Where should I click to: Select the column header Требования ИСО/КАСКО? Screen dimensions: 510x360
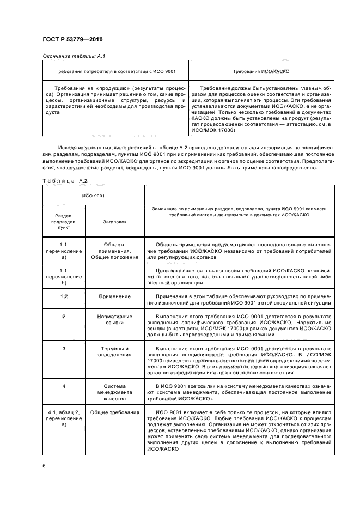coord(260,71)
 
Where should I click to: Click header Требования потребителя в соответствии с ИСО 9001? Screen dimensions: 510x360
coord(115,71)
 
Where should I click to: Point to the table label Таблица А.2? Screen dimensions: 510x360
coord(61,180)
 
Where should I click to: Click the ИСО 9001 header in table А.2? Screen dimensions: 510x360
coord(94,195)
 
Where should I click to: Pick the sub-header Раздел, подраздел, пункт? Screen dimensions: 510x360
coord(64,222)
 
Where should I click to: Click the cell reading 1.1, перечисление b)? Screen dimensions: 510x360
coord(64,276)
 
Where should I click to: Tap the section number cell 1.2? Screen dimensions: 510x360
coord(64,296)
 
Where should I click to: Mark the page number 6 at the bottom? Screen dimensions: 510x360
coord(44,466)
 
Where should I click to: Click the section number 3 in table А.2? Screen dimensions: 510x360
coord(64,348)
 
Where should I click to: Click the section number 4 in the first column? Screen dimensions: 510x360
coord(64,386)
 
